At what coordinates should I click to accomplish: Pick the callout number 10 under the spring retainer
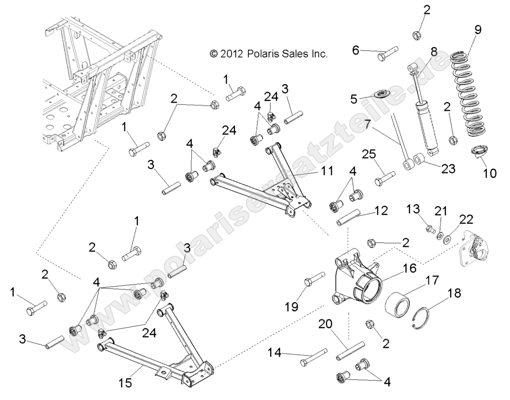489,173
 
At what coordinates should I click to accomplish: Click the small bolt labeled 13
429,229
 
